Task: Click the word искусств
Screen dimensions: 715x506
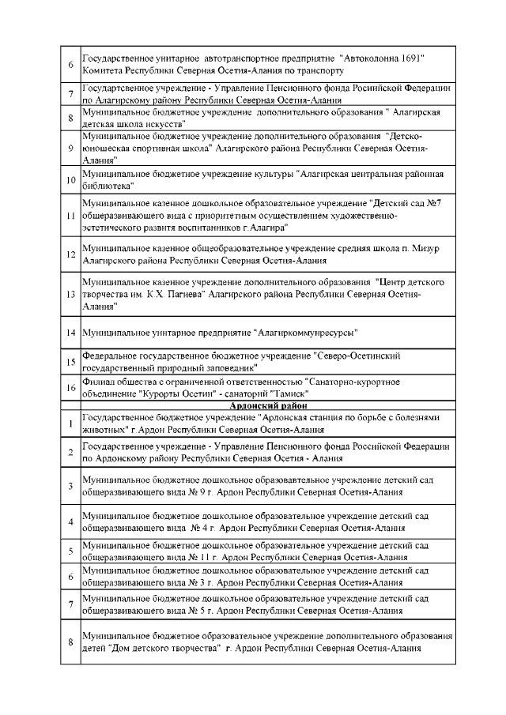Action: click(165, 124)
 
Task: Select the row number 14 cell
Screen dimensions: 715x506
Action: click(70, 332)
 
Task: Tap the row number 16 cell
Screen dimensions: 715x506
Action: click(70, 387)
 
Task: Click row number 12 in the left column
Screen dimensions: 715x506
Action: click(70, 254)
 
